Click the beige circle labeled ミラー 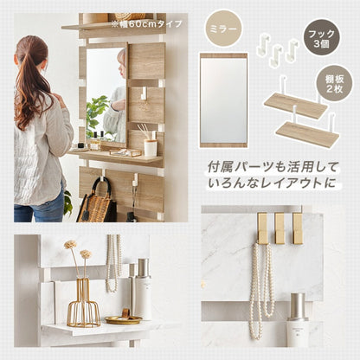click(x=223, y=29)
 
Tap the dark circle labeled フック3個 click(x=321, y=39)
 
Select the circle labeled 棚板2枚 click(x=334, y=84)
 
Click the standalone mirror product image click(x=223, y=100)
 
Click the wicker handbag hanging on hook click(x=97, y=201)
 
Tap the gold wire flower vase click(x=83, y=301)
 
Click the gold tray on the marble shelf click(x=124, y=319)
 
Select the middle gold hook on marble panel click(x=280, y=228)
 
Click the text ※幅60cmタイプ click(x=147, y=24)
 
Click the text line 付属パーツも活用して click(x=273, y=167)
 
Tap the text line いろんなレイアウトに click(x=273, y=183)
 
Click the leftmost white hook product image click(x=263, y=44)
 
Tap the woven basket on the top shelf click(x=130, y=16)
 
